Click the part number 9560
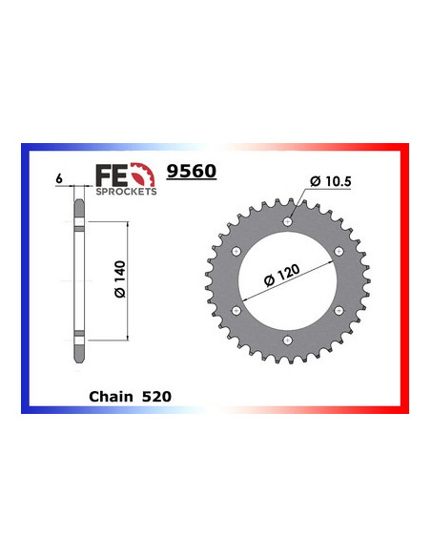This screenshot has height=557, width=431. [192, 172]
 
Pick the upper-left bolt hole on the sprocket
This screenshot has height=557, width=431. [235, 251]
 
